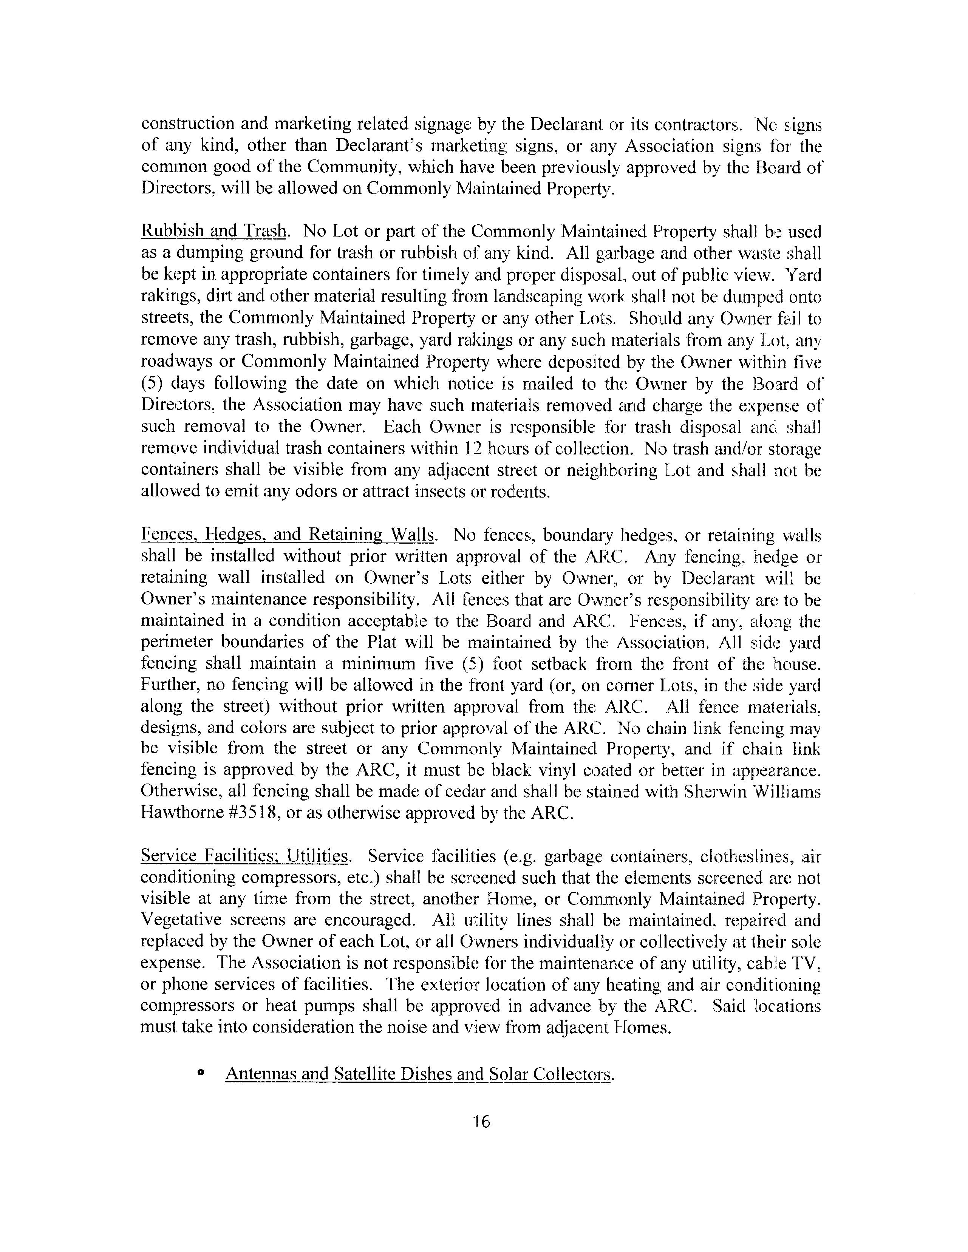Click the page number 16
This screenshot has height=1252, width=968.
(x=482, y=1122)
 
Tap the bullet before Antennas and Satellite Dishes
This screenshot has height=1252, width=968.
(x=201, y=1073)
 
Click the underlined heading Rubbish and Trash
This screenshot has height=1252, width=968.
(x=213, y=232)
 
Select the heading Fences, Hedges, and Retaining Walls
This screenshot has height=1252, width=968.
(x=288, y=535)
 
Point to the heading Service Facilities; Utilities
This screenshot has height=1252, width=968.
(x=245, y=856)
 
